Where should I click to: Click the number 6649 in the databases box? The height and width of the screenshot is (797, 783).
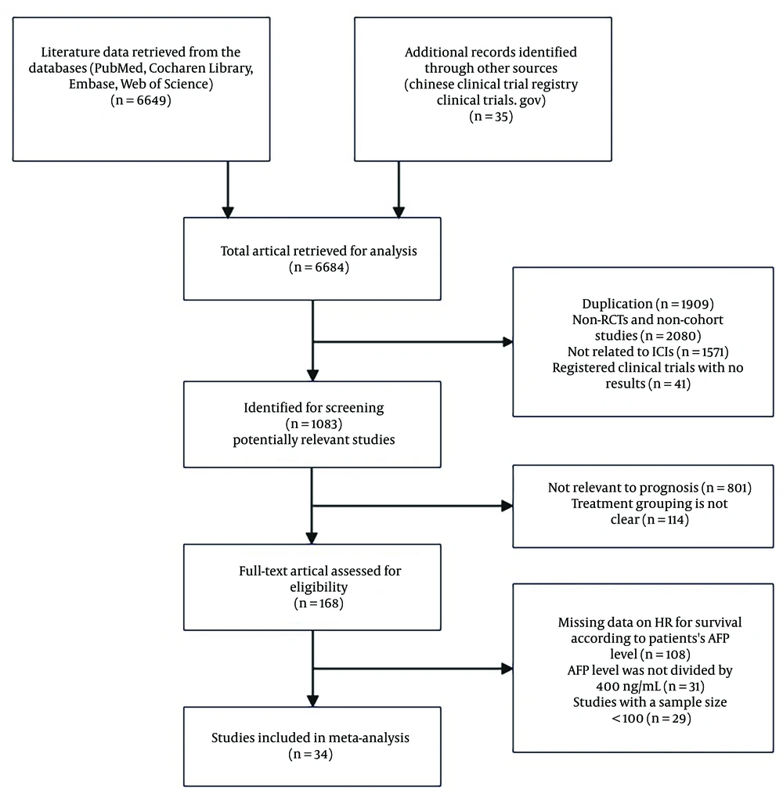[x=151, y=100]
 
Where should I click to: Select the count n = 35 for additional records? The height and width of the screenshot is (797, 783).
[x=491, y=117]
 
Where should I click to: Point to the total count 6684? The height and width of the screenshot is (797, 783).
[x=330, y=267]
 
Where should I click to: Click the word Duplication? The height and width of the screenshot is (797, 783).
[x=617, y=304]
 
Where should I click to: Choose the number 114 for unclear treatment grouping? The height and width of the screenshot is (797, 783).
[x=675, y=520]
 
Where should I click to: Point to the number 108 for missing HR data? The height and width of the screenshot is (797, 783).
[x=676, y=655]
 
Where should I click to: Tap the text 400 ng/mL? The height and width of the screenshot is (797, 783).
[x=629, y=686]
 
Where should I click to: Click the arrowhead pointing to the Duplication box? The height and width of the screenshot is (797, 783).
[x=507, y=342]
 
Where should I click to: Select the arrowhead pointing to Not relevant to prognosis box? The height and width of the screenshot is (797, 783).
[x=507, y=506]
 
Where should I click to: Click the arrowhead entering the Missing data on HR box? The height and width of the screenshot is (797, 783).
[x=507, y=669]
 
